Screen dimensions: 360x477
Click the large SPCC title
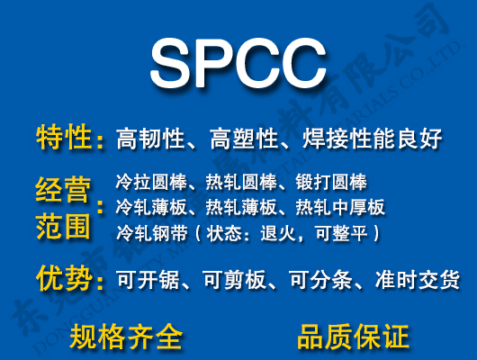tap(238, 61)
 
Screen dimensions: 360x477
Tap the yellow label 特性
tap(64, 139)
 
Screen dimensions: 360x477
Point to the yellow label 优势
tap(64, 279)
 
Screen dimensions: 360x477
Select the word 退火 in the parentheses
tap(275, 233)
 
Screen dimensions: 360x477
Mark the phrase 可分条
tap(319, 280)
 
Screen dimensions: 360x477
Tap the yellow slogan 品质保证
tap(353, 337)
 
